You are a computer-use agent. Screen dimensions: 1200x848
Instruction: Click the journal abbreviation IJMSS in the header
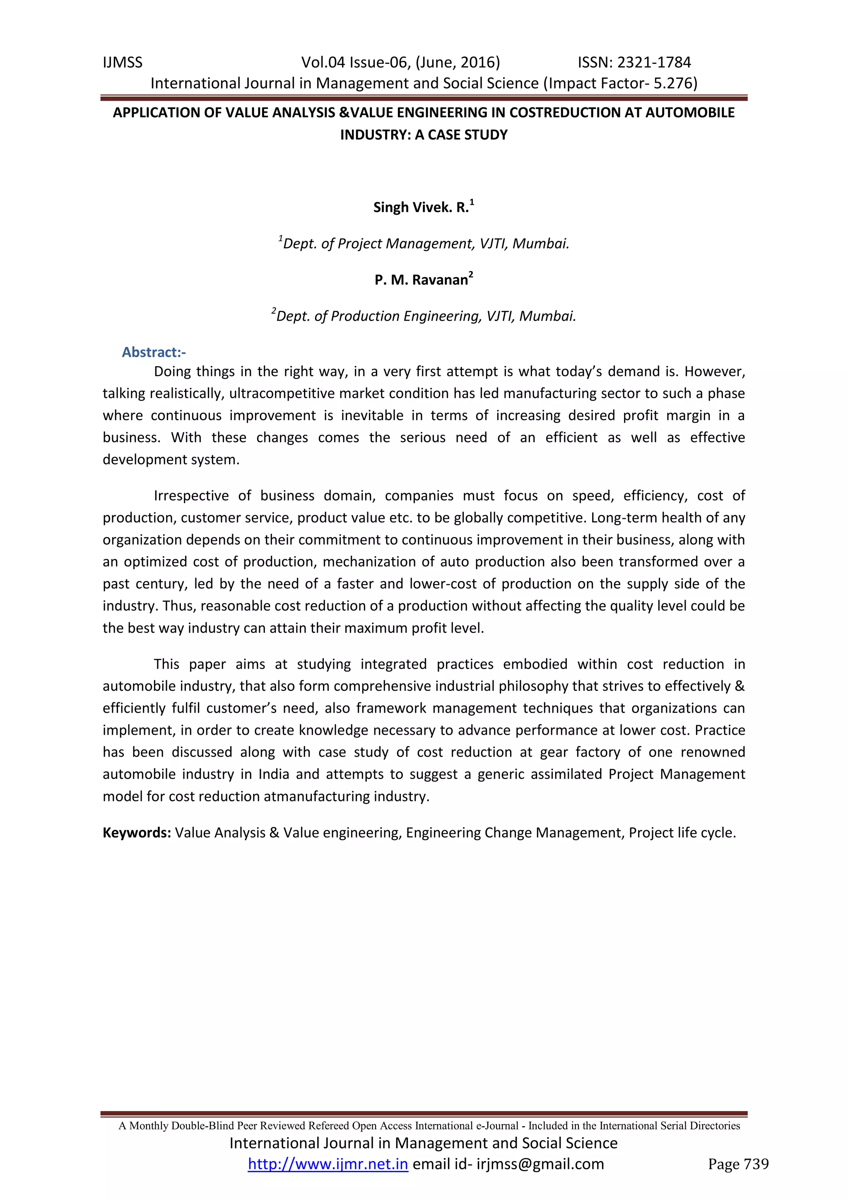[123, 63]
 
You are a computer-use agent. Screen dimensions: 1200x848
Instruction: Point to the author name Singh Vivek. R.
[420, 208]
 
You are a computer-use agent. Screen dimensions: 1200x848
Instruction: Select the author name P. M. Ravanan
[421, 280]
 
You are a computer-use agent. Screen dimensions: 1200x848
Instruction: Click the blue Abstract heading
[154, 352]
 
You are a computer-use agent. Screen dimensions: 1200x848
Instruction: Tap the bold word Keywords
[137, 832]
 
